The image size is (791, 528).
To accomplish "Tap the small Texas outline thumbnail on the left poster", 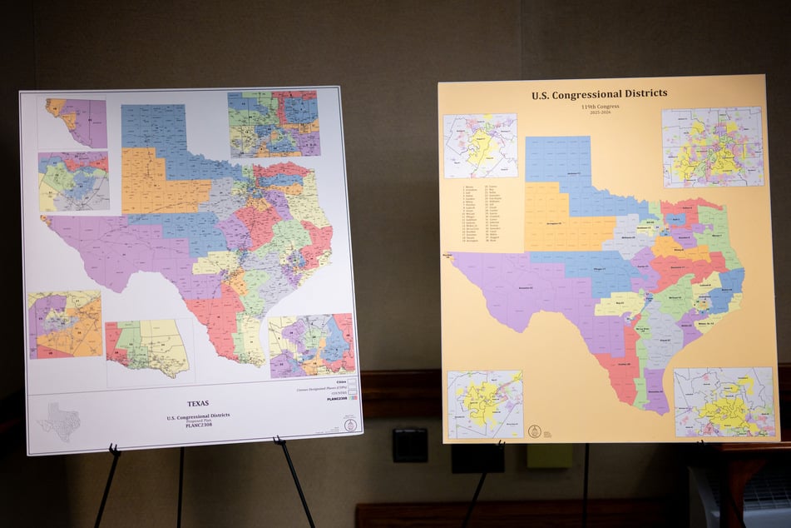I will point(59,421).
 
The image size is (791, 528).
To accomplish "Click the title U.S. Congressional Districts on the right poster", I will point(599,94).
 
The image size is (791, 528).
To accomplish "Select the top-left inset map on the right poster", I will point(480,146).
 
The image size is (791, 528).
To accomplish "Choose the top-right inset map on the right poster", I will point(712,147).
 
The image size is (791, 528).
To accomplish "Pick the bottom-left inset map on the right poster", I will point(485,404).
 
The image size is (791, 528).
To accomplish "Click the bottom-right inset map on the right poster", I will point(724,401).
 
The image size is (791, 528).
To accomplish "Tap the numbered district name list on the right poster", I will point(482,214).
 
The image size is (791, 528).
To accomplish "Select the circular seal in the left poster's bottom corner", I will point(350,425).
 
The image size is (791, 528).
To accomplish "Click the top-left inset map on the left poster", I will point(76,122).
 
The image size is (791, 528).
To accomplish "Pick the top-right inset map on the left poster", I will point(273,123).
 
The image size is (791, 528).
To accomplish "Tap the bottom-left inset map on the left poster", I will point(65,325).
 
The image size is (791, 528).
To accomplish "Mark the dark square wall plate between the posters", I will point(409,445).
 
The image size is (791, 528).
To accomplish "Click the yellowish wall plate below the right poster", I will point(548,455).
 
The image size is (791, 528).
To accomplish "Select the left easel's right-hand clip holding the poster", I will point(279,442).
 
